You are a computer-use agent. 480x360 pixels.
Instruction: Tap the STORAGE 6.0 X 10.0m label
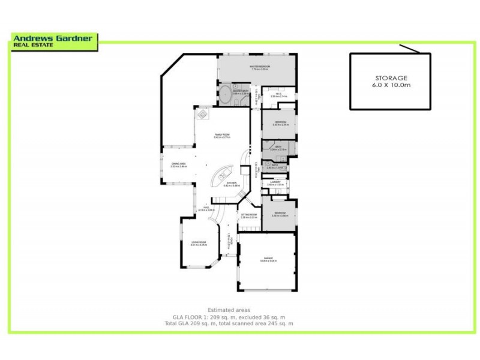click(391, 82)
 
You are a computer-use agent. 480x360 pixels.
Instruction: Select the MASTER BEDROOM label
click(260, 67)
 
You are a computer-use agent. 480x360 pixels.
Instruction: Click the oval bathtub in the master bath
click(224, 95)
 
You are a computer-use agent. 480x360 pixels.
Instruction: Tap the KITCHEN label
click(232, 184)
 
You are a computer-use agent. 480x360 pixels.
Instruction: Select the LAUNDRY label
click(276, 182)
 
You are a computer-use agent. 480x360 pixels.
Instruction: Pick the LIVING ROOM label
click(199, 243)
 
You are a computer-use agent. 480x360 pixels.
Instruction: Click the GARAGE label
click(268, 259)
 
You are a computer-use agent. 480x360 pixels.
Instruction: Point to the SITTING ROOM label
click(248, 215)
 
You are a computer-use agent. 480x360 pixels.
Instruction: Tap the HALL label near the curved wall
click(205, 208)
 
